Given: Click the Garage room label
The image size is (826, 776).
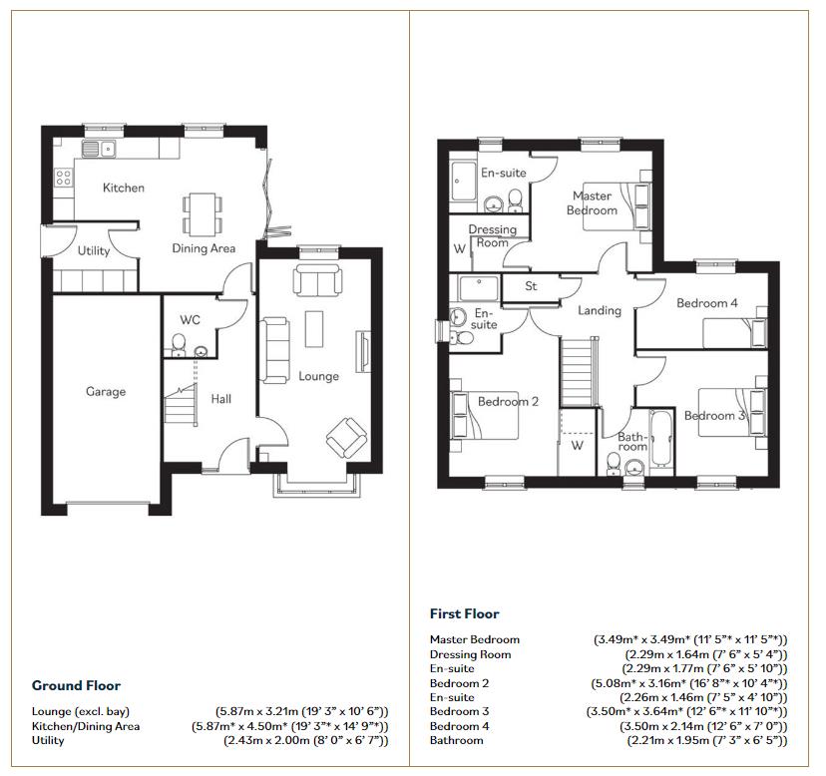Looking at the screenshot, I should click(105, 392).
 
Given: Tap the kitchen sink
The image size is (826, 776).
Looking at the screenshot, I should click(99, 149).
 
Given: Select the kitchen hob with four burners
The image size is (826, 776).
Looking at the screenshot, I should click(63, 178).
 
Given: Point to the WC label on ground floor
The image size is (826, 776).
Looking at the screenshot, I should click(191, 320).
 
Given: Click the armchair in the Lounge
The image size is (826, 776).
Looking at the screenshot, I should click(346, 435).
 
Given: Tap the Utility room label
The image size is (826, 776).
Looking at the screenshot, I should click(94, 251).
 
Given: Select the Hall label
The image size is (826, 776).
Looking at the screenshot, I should click(220, 399).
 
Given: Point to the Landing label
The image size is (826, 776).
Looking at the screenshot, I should click(599, 310).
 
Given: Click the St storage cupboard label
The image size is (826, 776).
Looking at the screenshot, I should click(531, 287).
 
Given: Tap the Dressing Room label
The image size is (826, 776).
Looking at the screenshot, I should click(492, 236).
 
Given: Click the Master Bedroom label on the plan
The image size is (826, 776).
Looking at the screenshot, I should click(592, 203).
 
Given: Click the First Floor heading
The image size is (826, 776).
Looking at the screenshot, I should click(464, 613).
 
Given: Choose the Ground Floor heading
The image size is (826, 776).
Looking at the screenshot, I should click(76, 685).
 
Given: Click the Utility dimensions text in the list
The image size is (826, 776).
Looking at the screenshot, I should click(305, 741).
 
